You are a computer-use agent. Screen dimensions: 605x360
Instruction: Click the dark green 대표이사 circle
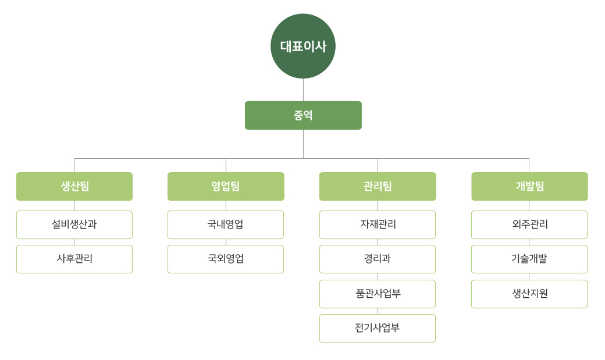click(303, 46)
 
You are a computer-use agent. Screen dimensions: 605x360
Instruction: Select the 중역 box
click(303, 115)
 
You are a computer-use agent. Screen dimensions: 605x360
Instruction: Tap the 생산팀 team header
click(74, 186)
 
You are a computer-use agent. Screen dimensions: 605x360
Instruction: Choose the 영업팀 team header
click(226, 186)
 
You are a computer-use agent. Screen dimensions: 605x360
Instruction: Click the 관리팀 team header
click(378, 186)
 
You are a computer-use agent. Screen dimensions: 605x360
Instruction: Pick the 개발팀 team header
click(529, 186)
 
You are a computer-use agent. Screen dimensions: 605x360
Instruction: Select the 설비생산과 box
click(74, 224)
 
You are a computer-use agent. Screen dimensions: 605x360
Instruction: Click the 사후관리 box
click(74, 259)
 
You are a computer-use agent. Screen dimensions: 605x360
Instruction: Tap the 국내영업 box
click(226, 224)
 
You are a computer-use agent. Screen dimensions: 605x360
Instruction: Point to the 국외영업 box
click(226, 259)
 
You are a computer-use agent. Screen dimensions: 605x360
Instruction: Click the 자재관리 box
click(378, 224)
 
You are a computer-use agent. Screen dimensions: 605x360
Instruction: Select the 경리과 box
click(378, 259)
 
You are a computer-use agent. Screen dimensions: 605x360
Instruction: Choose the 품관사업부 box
click(378, 294)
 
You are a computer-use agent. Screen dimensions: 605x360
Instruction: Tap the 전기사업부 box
click(378, 329)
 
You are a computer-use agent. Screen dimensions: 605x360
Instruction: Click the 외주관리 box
click(529, 224)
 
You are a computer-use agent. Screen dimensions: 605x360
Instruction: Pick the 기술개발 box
click(529, 259)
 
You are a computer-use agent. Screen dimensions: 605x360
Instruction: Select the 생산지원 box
click(529, 294)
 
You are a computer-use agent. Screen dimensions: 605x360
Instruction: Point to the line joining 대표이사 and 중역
click(303, 90)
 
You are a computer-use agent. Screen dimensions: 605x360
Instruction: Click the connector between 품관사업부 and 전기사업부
click(378, 311)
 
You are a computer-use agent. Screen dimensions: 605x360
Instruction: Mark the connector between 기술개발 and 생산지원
click(529, 276)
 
